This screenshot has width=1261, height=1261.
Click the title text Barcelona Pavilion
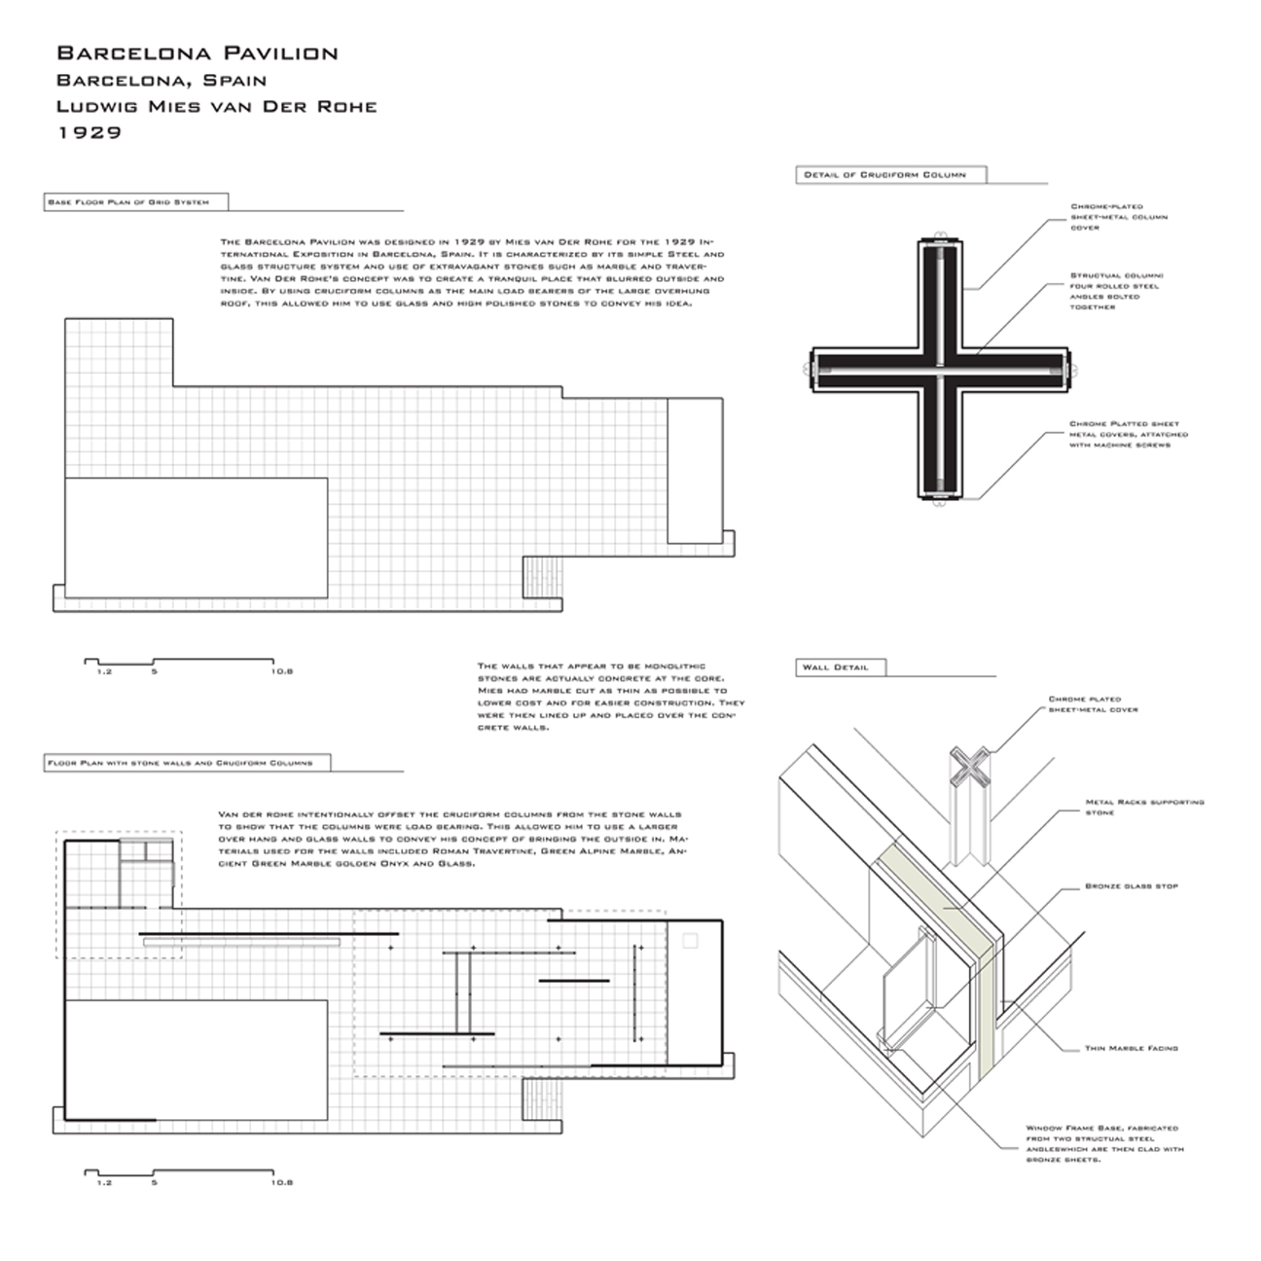click(x=198, y=54)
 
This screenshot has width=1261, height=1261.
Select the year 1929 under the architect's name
click(x=90, y=132)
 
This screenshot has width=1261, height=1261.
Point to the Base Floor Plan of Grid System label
click(x=135, y=202)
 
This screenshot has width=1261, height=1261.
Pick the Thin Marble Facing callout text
click(x=1131, y=1048)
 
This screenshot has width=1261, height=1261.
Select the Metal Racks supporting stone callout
click(x=1143, y=808)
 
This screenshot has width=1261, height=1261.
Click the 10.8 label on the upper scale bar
click(x=282, y=671)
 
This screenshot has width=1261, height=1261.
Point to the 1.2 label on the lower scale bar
click(x=104, y=1183)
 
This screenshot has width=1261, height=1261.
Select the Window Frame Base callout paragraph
click(x=1103, y=1144)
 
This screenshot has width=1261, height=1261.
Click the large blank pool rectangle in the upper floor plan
click(x=196, y=537)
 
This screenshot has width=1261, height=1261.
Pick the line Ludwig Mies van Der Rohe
click(x=216, y=106)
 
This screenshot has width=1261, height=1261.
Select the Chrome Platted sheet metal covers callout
click(x=1127, y=434)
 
